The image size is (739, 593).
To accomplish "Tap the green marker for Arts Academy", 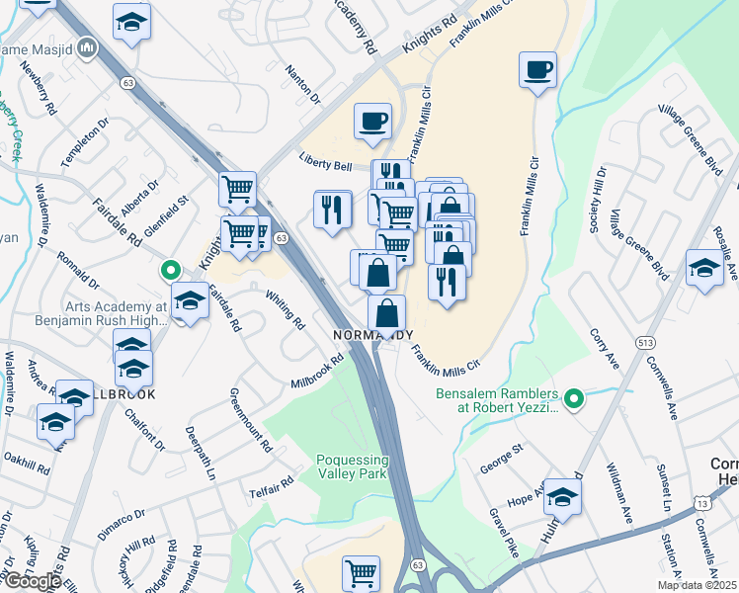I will tap(170, 269).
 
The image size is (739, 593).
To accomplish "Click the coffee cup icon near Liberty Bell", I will tap(372, 122).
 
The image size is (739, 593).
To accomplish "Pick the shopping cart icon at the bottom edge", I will tap(361, 571).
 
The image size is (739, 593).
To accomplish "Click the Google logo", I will tap(33, 580).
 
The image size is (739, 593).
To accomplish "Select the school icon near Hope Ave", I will tap(563, 497).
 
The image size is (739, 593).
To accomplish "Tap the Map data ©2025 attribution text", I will tap(697, 585).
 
